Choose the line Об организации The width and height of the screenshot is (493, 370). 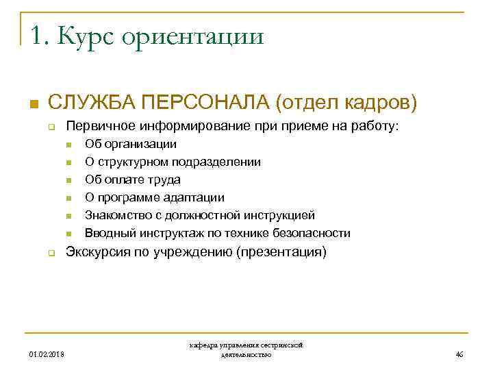point(130,144)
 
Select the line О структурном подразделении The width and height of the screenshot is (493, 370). point(172,162)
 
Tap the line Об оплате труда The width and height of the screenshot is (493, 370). point(132,180)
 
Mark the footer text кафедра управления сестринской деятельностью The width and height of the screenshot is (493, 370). point(246,350)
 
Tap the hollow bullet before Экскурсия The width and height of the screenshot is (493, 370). point(51,253)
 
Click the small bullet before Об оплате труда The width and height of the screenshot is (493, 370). point(69,180)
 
